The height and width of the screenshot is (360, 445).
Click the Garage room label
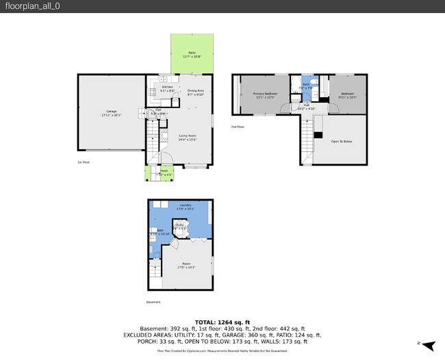111,111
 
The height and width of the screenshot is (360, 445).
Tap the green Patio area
192,53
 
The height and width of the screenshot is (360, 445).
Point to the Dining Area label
196,91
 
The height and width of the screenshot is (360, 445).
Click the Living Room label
188,136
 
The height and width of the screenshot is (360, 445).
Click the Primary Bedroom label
264,94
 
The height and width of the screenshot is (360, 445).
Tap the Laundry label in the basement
185,205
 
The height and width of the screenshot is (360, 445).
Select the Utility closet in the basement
179,225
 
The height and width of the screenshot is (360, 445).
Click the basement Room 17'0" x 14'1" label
186,264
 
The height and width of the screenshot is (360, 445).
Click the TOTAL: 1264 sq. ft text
222,322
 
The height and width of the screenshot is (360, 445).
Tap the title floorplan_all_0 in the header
29,6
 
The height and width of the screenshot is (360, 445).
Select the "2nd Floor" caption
238,127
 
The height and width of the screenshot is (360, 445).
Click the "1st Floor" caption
84,162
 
